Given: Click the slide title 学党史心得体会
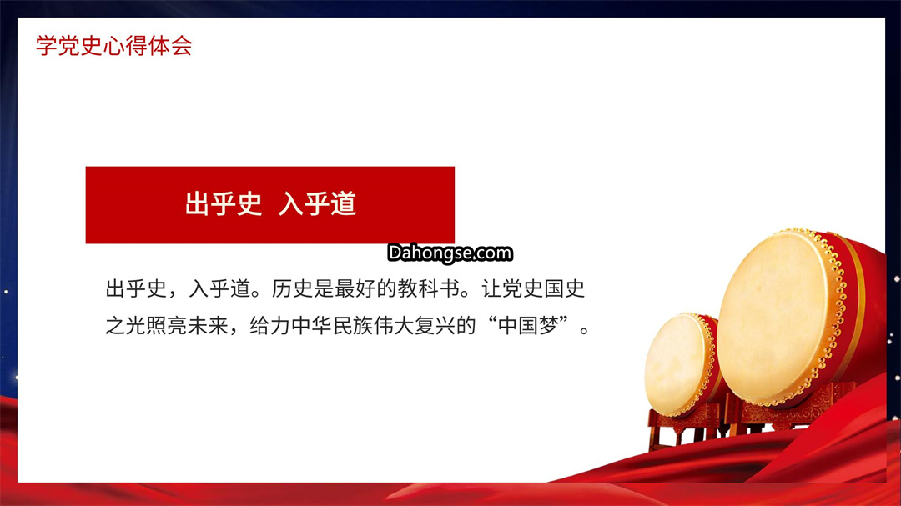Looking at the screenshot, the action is [113, 46].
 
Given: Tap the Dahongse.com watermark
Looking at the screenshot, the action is [450, 253].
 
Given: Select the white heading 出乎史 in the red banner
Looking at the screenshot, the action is [224, 204].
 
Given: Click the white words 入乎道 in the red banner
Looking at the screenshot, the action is [317, 204].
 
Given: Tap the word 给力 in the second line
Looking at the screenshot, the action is [270, 326].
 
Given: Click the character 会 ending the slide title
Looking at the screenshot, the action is [182, 46].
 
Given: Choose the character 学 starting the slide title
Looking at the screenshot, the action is [47, 46].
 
